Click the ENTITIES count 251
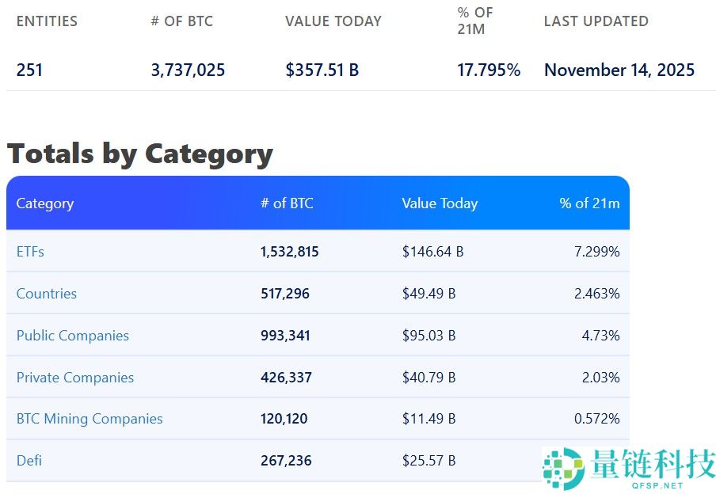tap(29, 70)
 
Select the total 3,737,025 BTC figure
tap(188, 70)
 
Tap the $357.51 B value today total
tap(322, 70)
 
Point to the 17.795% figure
tap(489, 70)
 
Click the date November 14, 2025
tap(619, 70)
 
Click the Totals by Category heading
tap(139, 153)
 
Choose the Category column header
tap(44, 203)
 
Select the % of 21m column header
tap(589, 203)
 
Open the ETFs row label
tap(30, 252)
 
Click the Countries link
tap(47, 294)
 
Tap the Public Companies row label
tap(72, 336)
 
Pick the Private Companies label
tap(75, 378)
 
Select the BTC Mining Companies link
tap(89, 419)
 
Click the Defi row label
tap(29, 460)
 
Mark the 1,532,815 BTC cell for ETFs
tap(289, 252)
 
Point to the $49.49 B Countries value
tap(428, 294)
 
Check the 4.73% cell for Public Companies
tap(600, 336)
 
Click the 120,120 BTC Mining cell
tap(284, 419)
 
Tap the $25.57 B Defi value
tap(428, 460)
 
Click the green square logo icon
tap(563, 467)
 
